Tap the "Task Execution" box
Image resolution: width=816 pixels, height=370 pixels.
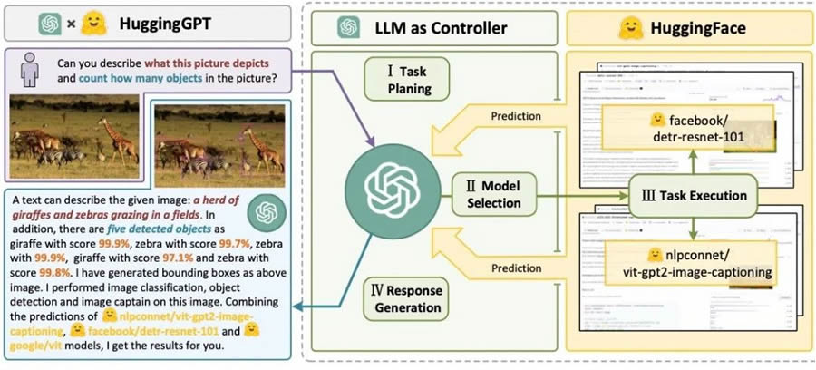694,195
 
